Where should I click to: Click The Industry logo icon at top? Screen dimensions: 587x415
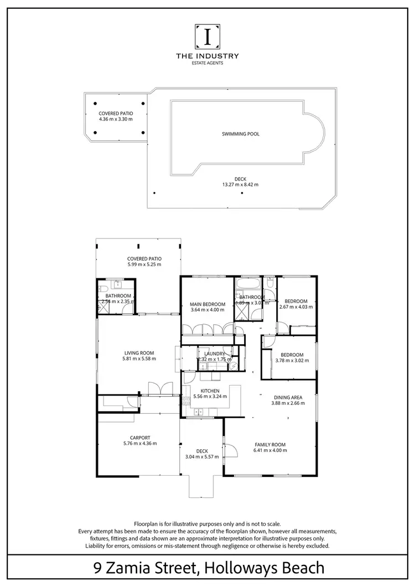click(207, 37)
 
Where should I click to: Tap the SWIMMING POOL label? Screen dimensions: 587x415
click(240, 134)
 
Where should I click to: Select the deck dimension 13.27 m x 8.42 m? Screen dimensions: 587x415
click(240, 184)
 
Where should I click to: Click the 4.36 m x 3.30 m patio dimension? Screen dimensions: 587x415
click(116, 119)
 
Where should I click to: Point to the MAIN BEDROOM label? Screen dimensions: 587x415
click(207, 304)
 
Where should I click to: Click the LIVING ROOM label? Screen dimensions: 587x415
click(139, 352)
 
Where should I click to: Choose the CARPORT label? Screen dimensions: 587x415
click(140, 437)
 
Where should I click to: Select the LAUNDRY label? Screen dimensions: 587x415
click(214, 354)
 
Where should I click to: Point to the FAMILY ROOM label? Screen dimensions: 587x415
click(270, 444)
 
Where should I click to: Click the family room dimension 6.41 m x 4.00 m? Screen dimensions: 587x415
click(270, 450)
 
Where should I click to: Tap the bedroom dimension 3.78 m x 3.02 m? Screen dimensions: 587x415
click(292, 361)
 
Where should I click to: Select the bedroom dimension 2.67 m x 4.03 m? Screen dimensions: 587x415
click(296, 307)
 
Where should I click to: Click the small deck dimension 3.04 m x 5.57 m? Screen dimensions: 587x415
click(202, 457)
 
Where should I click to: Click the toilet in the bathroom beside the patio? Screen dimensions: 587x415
click(104, 288)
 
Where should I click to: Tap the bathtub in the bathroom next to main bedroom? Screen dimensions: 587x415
click(245, 286)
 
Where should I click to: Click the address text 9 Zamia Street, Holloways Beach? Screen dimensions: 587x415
click(207, 568)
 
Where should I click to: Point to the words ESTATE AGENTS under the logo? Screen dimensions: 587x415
click(207, 63)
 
